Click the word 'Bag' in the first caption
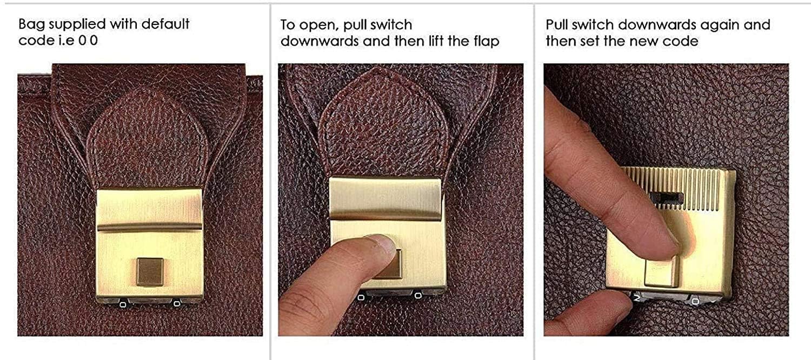tap(32, 25)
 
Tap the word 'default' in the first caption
tap(165, 24)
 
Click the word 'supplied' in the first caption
tap(77, 25)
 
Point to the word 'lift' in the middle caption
tap(436, 41)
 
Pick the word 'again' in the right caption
tap(719, 25)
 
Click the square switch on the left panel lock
tap(150, 271)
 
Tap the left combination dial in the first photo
tap(123, 304)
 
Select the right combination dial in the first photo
tap(177, 303)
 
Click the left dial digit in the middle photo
tap(361, 298)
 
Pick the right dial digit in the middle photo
tap(417, 296)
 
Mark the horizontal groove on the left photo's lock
tap(150, 227)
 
